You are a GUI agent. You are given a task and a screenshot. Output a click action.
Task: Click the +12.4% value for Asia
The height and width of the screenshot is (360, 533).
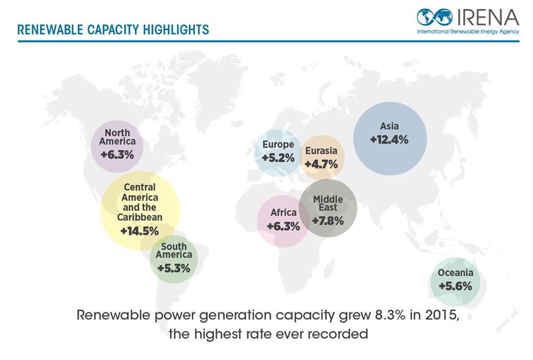389,140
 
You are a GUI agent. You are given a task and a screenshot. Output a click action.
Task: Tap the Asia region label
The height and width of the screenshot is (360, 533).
389,126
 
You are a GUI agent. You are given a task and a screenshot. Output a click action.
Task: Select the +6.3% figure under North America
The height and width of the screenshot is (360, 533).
117,154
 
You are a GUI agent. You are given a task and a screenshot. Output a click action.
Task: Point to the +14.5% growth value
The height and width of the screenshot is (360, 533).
139,230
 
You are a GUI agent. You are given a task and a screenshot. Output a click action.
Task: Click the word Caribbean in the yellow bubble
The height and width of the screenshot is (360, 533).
139,217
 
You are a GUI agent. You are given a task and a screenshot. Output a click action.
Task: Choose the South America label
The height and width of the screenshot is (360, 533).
174,251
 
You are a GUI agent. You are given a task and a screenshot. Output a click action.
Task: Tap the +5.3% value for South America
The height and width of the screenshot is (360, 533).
174,268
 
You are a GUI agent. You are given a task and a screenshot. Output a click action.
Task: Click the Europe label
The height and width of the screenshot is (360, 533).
278,145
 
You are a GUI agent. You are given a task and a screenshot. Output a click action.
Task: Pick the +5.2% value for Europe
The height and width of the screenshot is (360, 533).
278,158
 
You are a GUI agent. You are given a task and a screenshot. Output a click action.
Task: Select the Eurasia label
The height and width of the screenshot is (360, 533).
321,151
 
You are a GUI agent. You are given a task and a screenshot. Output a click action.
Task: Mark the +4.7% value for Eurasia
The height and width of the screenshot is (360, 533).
321,164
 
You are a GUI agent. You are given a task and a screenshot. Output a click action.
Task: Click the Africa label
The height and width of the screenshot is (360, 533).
283,212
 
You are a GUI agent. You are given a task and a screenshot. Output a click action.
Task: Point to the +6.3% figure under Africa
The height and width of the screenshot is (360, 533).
283,226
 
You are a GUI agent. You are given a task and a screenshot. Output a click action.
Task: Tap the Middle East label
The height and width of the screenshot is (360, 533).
328,203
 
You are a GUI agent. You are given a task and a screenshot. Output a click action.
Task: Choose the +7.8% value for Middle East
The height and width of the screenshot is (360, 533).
328,221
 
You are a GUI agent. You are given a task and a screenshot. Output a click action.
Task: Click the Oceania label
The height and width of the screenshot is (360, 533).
455,272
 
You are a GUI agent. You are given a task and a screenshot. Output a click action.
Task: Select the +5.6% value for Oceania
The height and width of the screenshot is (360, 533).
455,286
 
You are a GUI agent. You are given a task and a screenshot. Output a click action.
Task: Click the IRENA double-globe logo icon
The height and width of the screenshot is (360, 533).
435,17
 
